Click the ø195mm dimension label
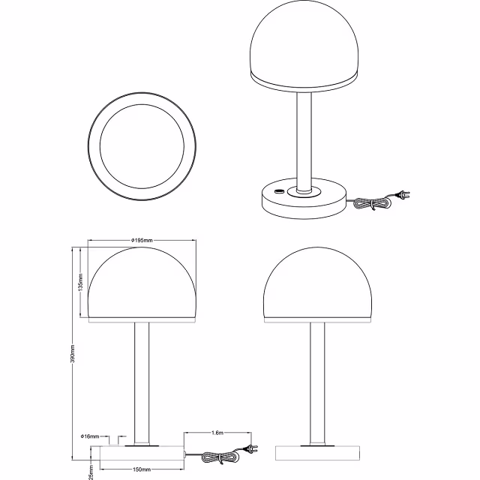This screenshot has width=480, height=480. (x=142, y=240)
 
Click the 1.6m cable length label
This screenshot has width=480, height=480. (x=217, y=433)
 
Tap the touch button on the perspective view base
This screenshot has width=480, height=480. (x=280, y=193)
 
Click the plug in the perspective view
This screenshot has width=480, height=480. (x=403, y=197)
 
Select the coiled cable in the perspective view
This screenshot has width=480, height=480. (x=369, y=202)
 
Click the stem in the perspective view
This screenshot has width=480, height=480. (x=304, y=139)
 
